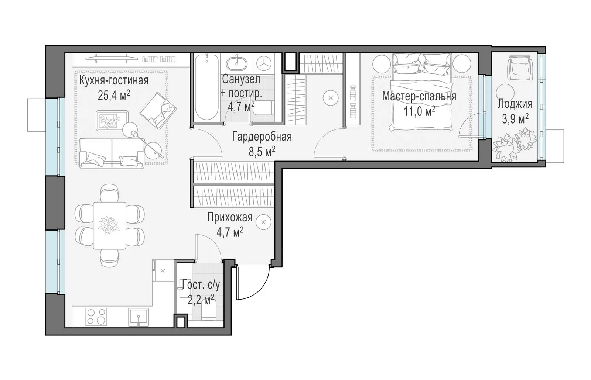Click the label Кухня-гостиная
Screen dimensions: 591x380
point(114,80)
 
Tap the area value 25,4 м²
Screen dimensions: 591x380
point(114,95)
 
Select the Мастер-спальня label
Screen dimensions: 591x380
point(419,96)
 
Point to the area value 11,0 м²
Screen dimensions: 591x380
point(419,111)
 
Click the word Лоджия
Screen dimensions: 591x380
point(515,104)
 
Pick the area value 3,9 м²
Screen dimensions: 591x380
point(515,119)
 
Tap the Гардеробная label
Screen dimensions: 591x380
point(262,137)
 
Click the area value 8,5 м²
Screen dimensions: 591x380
point(262,152)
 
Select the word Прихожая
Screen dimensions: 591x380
point(229,217)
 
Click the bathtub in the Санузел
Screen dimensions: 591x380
point(206,87)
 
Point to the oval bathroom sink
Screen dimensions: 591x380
point(237,64)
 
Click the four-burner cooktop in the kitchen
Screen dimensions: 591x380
point(96,317)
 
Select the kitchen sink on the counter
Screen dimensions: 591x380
point(138,317)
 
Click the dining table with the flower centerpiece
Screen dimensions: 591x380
point(109,225)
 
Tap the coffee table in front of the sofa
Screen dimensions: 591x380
point(112,121)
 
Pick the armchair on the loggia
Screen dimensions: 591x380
point(519,68)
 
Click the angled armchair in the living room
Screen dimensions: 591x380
point(158,111)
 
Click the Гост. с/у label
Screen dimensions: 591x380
point(201,285)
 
